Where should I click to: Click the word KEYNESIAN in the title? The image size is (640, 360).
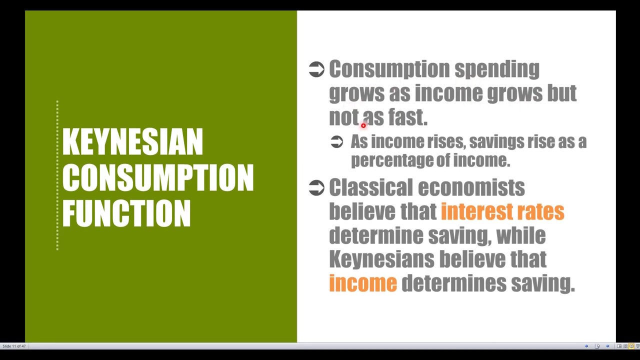pyautogui.click(x=132, y=142)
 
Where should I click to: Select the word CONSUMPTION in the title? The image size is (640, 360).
pyautogui.click(x=158, y=177)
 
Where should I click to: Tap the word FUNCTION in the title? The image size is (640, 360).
pyautogui.click(x=126, y=213)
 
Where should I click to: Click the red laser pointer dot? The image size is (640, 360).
pyautogui.click(x=363, y=125)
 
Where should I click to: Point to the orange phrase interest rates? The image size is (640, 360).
pyautogui.click(x=502, y=211)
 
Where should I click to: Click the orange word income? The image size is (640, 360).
pyautogui.click(x=363, y=283)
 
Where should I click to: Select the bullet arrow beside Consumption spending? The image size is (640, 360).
pyautogui.click(x=316, y=69)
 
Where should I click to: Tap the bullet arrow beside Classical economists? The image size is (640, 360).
pyautogui.click(x=316, y=188)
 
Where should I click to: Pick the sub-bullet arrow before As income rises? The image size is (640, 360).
pyautogui.click(x=337, y=142)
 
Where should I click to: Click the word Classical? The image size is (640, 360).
pyautogui.click(x=370, y=188)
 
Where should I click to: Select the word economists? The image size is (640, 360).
pyautogui.click(x=471, y=188)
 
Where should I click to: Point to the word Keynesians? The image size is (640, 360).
pyautogui.click(x=381, y=259)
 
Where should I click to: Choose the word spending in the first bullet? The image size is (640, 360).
pyautogui.click(x=496, y=69)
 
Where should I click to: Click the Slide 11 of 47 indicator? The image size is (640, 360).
pyautogui.click(x=14, y=346)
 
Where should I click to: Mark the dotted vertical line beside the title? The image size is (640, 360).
pyautogui.click(x=57, y=175)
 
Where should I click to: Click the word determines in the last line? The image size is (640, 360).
pyautogui.click(x=453, y=283)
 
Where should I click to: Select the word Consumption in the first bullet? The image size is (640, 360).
pyautogui.click(x=389, y=69)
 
